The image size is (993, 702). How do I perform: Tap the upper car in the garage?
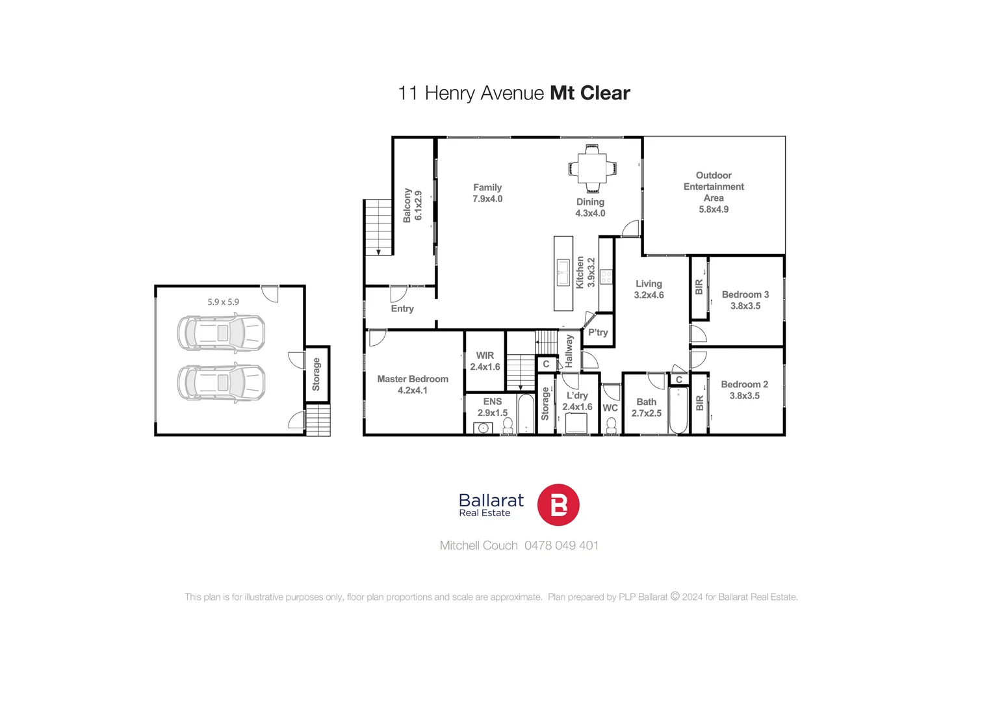pos(221,333)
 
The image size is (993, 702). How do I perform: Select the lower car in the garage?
pos(221,382)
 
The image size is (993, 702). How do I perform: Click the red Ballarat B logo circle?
pos(558,505)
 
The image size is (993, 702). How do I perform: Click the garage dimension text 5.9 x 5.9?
pos(223,302)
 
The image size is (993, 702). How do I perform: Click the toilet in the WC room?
pos(611,425)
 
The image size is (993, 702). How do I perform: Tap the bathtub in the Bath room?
pos(678,409)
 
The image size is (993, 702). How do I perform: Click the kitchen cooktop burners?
pos(606,277)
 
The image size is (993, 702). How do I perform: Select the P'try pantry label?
pos(598,332)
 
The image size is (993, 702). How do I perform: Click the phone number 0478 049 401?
pos(561,545)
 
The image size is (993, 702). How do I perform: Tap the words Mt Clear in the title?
pos(589,93)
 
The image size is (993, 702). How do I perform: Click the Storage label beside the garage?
pos(316,374)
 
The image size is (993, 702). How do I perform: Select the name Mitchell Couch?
pos(478,545)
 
